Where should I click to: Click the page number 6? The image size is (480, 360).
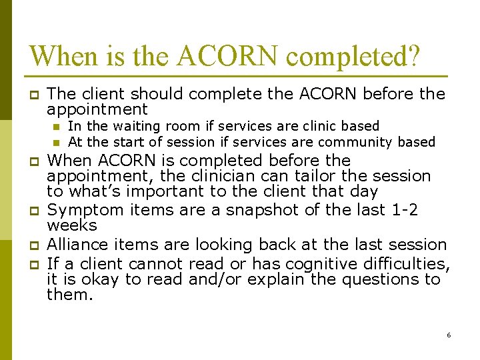pos(449,335)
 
